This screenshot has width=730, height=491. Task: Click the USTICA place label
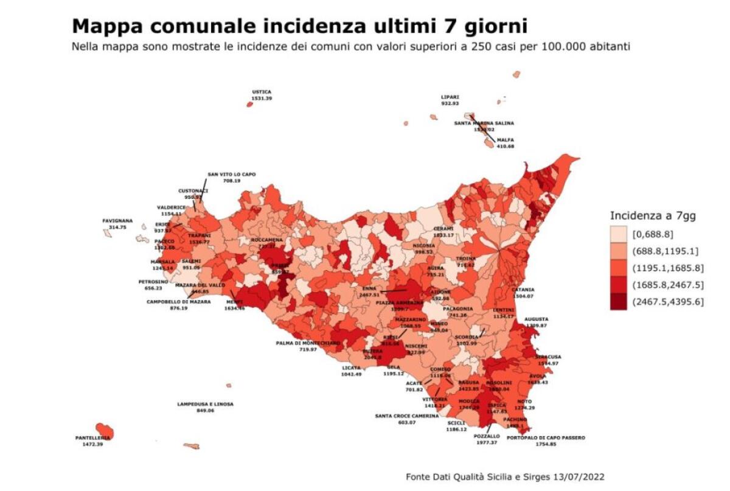(x=262, y=92)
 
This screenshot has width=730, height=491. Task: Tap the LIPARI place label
(x=450, y=97)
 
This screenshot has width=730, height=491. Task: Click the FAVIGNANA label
(x=114, y=221)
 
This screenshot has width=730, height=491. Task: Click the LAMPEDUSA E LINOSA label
(x=205, y=404)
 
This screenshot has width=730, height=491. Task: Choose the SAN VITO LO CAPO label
(x=232, y=174)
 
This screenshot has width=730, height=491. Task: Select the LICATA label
(x=352, y=367)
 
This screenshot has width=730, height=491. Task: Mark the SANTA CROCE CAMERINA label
(x=406, y=416)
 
